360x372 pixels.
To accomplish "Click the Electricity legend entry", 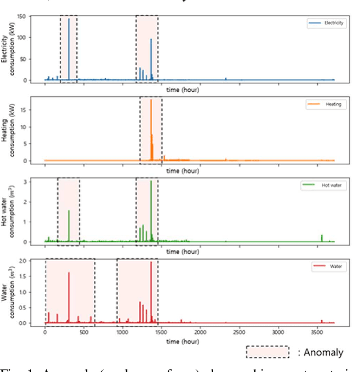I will point(326,23).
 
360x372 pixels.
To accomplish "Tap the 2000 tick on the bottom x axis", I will point(200,332).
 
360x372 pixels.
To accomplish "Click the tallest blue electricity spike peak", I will point(69,19).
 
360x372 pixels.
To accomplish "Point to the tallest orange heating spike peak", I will point(151,100).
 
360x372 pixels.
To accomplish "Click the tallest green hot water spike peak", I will point(151,181).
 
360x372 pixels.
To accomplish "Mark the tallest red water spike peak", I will point(151,262).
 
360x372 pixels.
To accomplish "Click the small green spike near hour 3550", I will point(322,236).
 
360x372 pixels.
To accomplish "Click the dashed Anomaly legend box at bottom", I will point(267,352).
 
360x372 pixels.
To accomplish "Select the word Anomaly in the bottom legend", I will point(323,353).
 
